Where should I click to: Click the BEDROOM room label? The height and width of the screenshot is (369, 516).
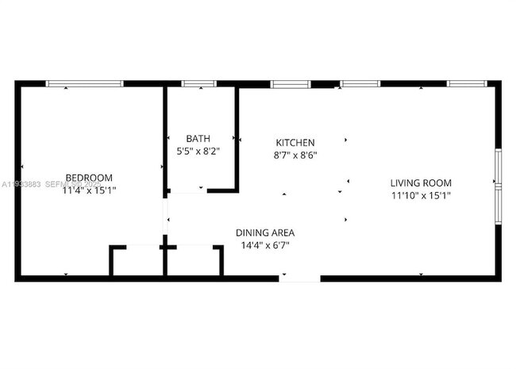click(x=88, y=178)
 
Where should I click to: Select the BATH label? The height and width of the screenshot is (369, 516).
click(x=198, y=138)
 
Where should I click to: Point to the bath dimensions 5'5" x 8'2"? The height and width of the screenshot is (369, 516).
click(x=198, y=150)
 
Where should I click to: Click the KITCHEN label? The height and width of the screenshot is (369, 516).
click(x=295, y=143)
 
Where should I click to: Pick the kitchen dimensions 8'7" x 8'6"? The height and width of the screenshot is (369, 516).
click(x=295, y=156)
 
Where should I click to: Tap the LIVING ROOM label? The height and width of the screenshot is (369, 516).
click(x=421, y=183)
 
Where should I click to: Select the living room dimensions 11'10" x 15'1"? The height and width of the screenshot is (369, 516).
click(x=421, y=195)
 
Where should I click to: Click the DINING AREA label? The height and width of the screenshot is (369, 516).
click(x=265, y=233)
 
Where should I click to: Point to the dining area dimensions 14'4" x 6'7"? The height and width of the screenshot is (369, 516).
click(x=265, y=245)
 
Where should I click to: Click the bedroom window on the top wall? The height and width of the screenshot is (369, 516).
click(x=84, y=83)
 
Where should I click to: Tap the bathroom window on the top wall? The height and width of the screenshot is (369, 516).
click(x=198, y=83)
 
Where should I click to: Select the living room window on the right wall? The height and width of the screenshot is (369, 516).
click(x=498, y=183)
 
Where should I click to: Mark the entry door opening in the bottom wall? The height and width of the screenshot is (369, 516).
click(x=300, y=278)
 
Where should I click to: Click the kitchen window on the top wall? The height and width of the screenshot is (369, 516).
click(x=291, y=83)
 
